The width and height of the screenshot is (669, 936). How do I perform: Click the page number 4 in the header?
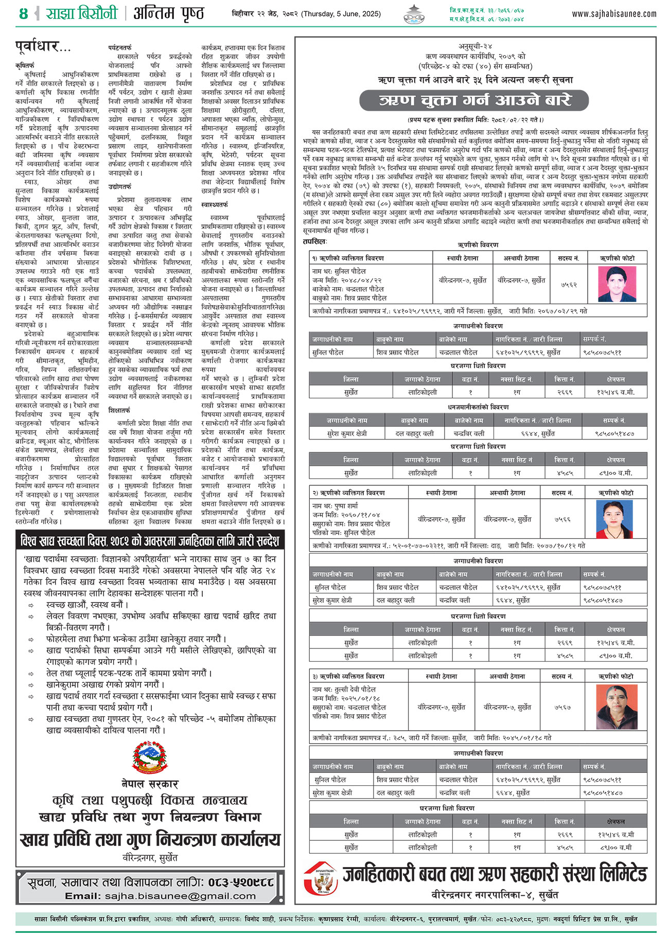point(23,13)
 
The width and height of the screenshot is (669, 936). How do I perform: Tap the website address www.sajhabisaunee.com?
point(614,14)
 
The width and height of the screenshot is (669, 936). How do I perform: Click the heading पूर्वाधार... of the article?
point(43,48)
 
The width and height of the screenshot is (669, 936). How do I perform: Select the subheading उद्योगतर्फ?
point(120,186)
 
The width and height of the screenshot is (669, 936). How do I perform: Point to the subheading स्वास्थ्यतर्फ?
point(215,204)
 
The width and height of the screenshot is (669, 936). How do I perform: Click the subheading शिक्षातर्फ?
point(119,410)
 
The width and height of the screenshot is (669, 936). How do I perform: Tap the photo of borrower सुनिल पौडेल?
point(617,284)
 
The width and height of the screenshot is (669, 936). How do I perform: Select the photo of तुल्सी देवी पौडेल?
point(617,707)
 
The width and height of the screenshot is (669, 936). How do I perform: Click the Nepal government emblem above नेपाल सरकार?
point(150,757)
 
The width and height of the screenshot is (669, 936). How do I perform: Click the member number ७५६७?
point(562,708)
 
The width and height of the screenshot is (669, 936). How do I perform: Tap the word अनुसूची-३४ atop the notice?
point(475,47)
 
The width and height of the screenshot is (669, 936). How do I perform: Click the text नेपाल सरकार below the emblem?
point(150,784)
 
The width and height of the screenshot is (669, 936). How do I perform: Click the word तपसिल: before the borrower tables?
point(315,241)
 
